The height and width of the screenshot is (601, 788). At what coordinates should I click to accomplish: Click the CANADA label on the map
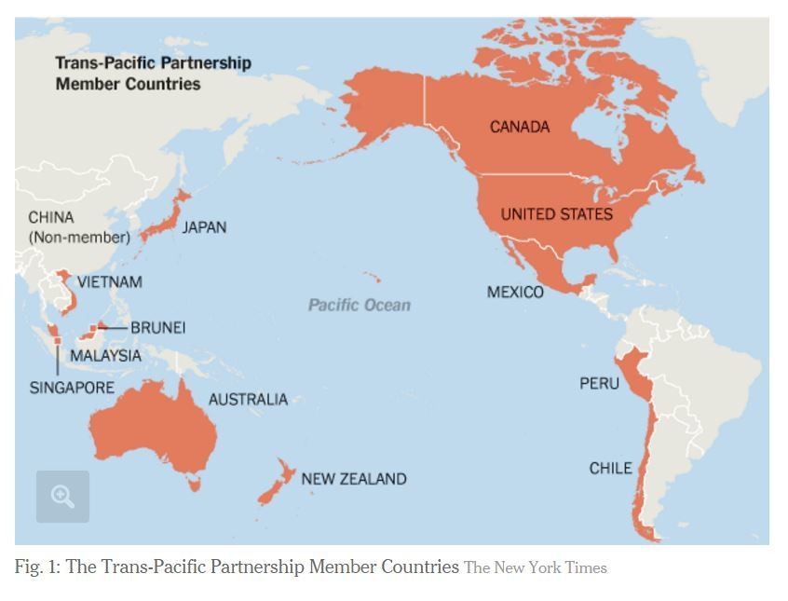click(520, 127)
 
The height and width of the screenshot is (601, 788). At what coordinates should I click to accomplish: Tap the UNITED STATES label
click(556, 214)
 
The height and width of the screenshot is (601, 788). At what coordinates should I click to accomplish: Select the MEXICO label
click(515, 293)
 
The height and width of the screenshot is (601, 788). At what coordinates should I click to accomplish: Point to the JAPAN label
click(204, 227)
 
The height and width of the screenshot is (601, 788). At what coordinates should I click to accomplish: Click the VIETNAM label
click(110, 281)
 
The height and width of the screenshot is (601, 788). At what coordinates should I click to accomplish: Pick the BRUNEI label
click(157, 328)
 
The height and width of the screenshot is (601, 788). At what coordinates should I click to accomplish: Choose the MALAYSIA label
click(106, 356)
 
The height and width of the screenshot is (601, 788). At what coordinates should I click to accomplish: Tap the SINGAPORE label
click(72, 388)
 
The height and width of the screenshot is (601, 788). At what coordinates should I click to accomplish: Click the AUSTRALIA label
click(248, 400)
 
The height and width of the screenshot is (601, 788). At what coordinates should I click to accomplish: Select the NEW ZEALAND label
click(354, 479)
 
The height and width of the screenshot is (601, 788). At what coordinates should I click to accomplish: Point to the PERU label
click(599, 383)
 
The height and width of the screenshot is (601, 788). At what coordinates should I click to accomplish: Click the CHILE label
click(610, 468)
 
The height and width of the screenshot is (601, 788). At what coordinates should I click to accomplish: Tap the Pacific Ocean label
click(360, 305)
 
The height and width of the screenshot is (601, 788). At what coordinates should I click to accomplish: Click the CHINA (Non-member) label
click(78, 227)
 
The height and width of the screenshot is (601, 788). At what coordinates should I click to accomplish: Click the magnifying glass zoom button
click(62, 497)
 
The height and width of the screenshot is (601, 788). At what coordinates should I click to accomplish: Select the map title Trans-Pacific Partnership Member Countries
click(153, 74)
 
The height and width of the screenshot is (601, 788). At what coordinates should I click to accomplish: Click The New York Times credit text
click(536, 567)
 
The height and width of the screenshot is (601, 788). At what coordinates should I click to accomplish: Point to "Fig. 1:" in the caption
click(35, 567)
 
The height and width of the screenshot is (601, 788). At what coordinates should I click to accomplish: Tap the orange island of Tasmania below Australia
click(195, 483)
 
